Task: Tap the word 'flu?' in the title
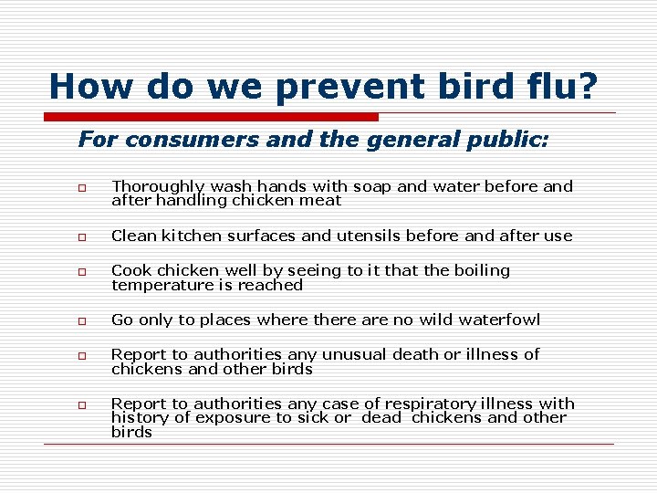[565, 87]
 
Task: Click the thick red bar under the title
[212, 117]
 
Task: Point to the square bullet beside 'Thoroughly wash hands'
[82, 187]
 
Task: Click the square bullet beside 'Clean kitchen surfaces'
[82, 236]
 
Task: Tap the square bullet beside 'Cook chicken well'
[82, 271]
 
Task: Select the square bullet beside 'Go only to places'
[82, 320]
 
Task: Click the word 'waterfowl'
[500, 320]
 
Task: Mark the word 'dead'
[381, 418]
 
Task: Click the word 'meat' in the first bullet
[323, 201]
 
